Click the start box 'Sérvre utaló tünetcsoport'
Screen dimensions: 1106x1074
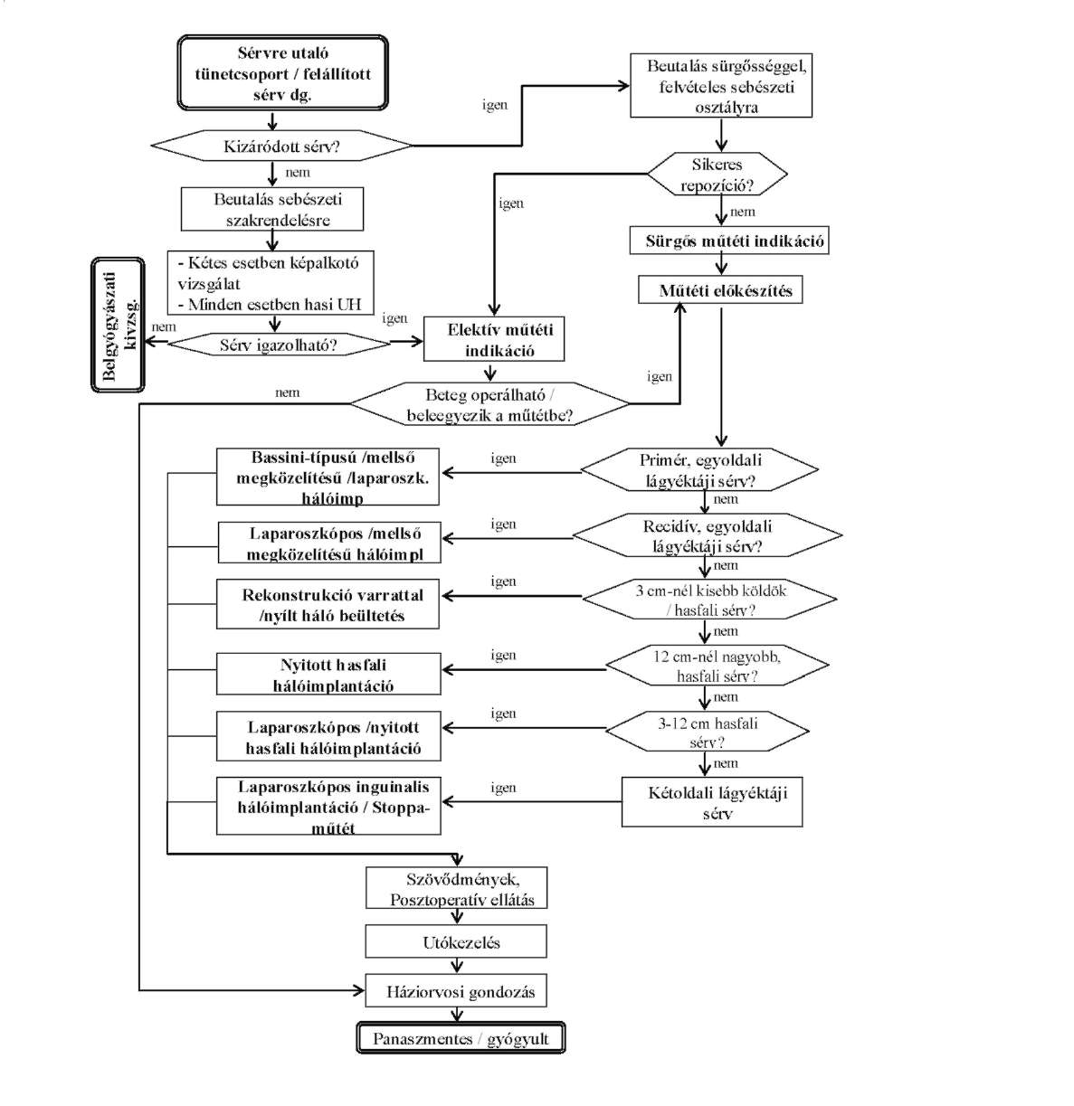tap(282, 73)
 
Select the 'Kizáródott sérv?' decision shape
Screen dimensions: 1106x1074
tap(281, 146)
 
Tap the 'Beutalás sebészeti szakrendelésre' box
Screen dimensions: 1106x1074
tap(272, 209)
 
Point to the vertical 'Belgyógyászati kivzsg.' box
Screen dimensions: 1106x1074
tap(118, 326)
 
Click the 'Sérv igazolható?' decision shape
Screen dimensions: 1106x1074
tap(279, 345)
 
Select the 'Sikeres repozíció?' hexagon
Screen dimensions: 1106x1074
tap(718, 175)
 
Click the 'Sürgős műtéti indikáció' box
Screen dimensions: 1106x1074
tap(729, 241)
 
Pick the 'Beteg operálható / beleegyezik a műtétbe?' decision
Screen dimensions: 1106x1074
tap(489, 405)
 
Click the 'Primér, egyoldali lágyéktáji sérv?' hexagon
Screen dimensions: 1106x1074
tap(700, 471)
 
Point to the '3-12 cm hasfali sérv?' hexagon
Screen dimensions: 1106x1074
tap(708, 733)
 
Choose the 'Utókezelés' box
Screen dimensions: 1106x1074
tap(457, 942)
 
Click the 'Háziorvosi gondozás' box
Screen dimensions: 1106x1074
tap(456, 991)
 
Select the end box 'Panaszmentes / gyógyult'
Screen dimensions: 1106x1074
tap(461, 1039)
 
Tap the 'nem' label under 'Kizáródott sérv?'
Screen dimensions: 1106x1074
tap(298, 173)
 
